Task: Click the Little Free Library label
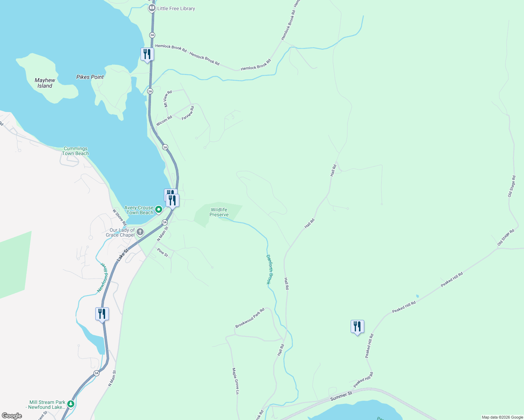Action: coord(176,8)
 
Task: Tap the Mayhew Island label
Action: coord(45,83)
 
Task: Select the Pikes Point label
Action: coord(90,77)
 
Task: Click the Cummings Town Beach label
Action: coord(75,151)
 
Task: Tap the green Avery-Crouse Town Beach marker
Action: coord(158,210)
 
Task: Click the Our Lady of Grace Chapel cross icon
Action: coord(140,232)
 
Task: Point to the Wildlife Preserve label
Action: coord(219,212)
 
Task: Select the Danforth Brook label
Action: coord(269,269)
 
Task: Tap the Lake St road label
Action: coord(123,254)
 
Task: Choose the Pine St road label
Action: coord(163,252)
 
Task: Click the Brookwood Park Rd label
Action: coord(250,318)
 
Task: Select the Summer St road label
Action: coord(341,396)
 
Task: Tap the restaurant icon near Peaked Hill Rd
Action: coord(357,327)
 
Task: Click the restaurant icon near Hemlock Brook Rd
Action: coord(147,54)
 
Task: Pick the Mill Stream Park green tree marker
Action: coord(71,404)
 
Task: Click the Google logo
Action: coord(12,416)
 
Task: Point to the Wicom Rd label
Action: coord(164,121)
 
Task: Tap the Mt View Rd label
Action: coord(168,99)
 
